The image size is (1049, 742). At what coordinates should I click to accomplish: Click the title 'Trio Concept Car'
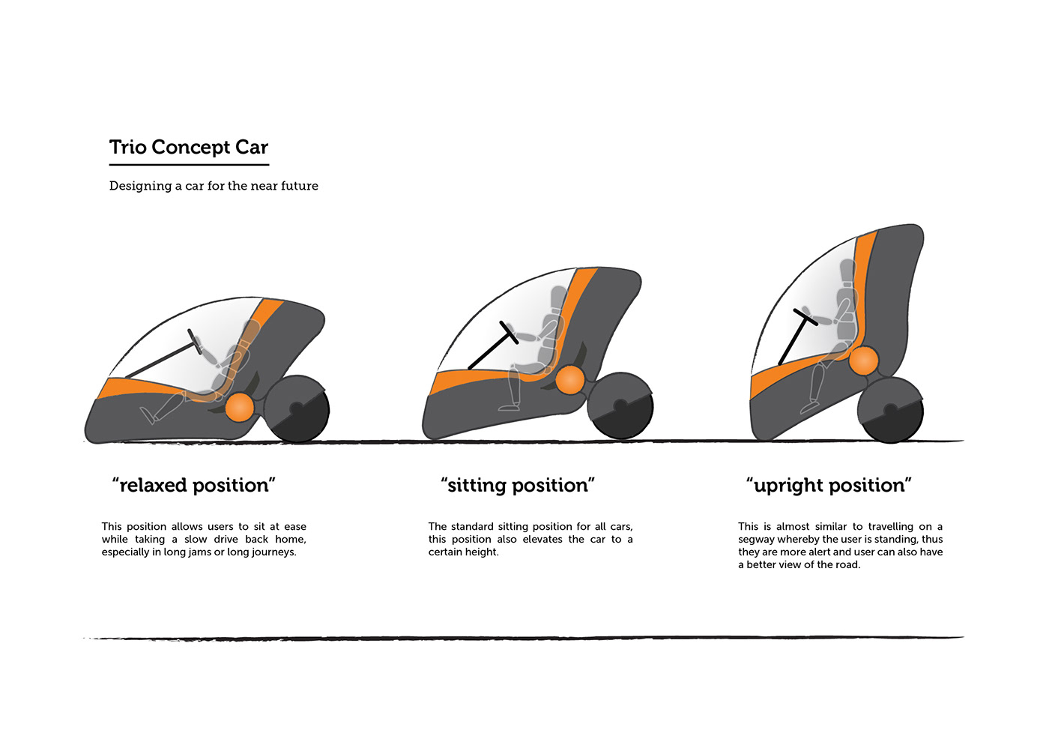[189, 148]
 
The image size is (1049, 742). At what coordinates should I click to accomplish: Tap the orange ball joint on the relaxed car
[240, 407]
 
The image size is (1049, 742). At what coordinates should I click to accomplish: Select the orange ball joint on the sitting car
[570, 379]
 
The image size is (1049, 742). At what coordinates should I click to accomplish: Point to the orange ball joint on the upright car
[863, 361]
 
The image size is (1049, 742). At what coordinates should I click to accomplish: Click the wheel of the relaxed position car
[297, 409]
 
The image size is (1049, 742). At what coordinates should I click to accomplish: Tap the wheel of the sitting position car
[620, 406]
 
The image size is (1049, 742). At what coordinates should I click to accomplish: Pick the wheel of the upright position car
[890, 410]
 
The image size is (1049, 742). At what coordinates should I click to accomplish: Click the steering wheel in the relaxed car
[195, 341]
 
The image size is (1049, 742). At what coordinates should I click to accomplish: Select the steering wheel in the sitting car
[510, 332]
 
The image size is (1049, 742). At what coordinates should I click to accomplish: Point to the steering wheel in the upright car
[805, 317]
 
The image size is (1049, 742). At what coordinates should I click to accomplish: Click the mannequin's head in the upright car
[847, 271]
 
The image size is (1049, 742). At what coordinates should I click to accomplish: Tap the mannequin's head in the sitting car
[559, 296]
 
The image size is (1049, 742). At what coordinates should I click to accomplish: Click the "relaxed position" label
[194, 486]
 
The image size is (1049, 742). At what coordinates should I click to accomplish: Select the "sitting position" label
[518, 486]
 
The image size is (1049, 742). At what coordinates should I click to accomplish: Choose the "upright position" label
[829, 486]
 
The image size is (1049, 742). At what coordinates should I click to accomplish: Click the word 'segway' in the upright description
[756, 540]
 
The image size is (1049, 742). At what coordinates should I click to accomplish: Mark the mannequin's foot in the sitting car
[510, 407]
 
